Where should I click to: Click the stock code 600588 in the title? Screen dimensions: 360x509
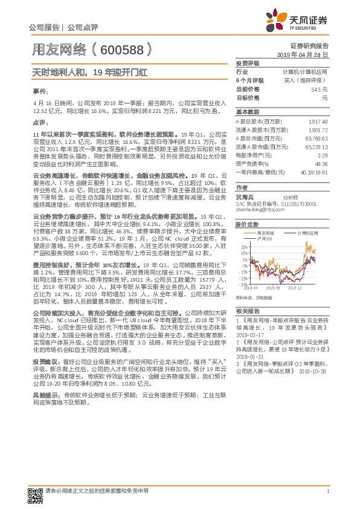point(118,50)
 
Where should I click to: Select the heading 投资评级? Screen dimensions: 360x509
point(247,63)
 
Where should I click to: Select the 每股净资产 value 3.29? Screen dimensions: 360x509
point(322,156)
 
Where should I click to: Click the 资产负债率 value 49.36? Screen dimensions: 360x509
point(321,164)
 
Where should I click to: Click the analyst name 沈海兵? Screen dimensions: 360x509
point(245,197)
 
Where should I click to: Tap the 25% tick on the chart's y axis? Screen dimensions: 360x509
point(243,247)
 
